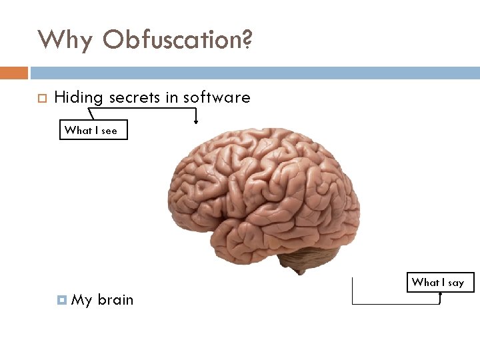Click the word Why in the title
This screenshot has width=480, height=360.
tap(65, 40)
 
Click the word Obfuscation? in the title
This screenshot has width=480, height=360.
tap(178, 40)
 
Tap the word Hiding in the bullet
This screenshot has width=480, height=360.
tap(79, 98)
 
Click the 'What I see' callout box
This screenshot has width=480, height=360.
tap(91, 131)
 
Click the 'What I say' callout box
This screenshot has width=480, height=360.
tap(438, 283)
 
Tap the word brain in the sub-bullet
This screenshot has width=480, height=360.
tap(115, 300)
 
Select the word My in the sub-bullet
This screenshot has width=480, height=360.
tap(81, 300)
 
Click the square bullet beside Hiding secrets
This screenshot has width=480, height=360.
tap(41, 99)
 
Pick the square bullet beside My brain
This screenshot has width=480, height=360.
tap(63, 301)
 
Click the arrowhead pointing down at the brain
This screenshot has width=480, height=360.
tap(196, 121)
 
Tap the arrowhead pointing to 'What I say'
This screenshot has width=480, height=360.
tap(440, 294)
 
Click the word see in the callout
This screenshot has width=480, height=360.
tap(109, 131)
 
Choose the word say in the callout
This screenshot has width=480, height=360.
tap(456, 283)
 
